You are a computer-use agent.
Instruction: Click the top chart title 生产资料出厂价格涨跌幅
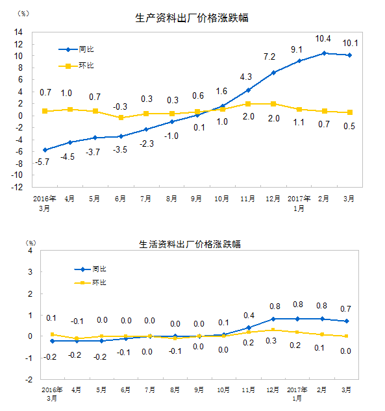coord(192,18)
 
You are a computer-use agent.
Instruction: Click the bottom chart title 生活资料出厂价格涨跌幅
coord(190,244)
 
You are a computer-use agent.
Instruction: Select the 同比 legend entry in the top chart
coord(76,49)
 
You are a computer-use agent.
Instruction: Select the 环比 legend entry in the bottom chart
coord(90,282)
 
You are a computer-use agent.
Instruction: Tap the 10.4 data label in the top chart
coord(323,39)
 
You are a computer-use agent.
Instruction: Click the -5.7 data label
coord(42,162)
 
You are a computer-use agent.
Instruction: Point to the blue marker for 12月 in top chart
coord(273,73)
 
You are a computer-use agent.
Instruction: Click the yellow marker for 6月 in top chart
coord(121,118)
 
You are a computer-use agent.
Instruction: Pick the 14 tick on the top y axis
coord(18,32)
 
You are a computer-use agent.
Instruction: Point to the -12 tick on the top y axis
coord(17,187)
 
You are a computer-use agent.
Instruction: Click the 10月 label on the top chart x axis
coord(222,199)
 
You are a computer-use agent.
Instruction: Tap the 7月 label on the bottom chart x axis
coord(150,390)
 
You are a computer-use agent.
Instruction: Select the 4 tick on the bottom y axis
coord(30,251)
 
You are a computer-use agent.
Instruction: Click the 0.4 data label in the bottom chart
coord(249,316)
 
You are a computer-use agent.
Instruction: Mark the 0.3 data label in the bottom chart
coord(271,341)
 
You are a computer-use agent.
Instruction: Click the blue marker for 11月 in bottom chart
coord(249,328)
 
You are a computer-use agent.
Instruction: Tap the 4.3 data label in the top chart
coord(246,77)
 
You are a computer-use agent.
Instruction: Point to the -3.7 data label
coord(93,152)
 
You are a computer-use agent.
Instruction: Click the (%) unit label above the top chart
coord(23,14)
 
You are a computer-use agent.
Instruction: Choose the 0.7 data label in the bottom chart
coord(345,309)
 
